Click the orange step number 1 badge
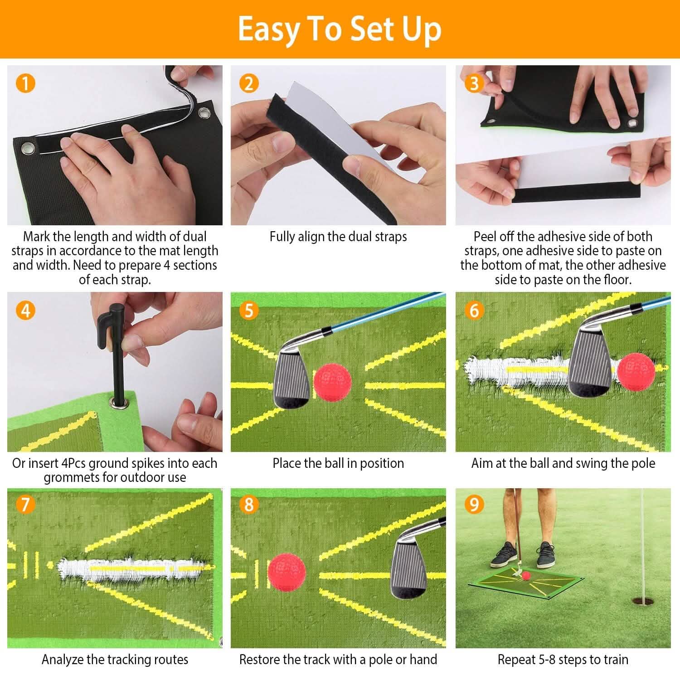[25, 83]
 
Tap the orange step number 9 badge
[474, 504]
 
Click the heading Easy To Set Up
[340, 29]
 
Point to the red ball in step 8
[287, 570]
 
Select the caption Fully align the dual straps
[338, 237]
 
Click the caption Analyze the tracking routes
[115, 659]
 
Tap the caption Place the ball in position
[338, 463]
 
